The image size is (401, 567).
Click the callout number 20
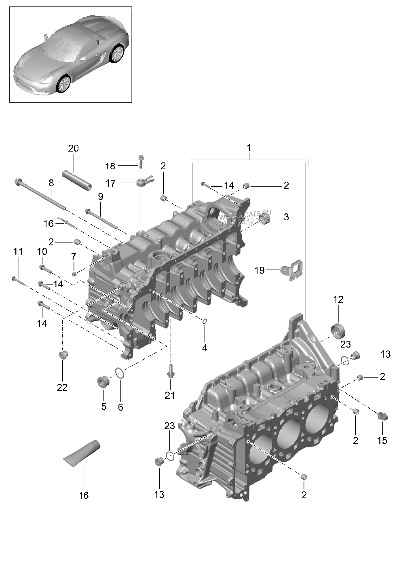(73, 148)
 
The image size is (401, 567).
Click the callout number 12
(338, 299)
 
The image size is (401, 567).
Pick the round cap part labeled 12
(338, 329)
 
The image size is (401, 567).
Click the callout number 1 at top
(249, 148)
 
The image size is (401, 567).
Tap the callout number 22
(62, 387)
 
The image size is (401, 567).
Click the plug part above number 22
(63, 355)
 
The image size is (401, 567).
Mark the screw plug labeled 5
(103, 381)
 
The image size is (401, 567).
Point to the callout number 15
(382, 440)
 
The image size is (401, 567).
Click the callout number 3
(286, 217)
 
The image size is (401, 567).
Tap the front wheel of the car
(63, 84)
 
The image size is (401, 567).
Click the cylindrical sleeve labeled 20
(77, 180)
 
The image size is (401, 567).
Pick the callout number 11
(18, 251)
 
